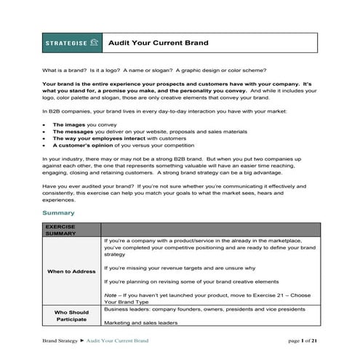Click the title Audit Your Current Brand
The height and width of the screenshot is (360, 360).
(158, 43)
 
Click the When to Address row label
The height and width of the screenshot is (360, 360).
(71, 271)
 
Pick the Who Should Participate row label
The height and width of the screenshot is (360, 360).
(71, 316)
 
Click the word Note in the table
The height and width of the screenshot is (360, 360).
(111, 293)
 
